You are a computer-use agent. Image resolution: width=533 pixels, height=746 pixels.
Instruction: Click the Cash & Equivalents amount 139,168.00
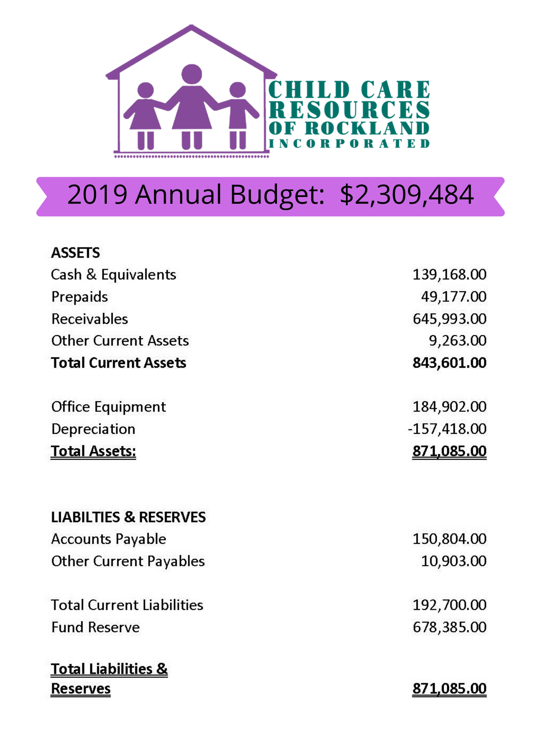click(449, 275)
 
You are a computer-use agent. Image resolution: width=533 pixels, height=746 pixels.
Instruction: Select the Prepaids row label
click(80, 297)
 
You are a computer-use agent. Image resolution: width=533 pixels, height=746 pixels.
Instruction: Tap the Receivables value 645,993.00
click(449, 319)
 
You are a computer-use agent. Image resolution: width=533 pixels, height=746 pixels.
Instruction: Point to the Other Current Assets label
click(120, 341)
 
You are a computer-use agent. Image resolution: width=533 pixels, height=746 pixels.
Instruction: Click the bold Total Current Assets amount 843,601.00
click(449, 363)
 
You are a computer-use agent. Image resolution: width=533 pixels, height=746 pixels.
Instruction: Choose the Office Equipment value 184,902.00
click(449, 407)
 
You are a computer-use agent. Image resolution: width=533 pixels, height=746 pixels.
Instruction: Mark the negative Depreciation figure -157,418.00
click(447, 429)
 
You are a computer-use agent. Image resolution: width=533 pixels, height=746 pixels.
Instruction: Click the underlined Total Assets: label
click(93, 451)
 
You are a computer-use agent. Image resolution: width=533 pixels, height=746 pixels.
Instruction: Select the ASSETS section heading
click(75, 253)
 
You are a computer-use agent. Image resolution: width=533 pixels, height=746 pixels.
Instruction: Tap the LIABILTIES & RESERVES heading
click(128, 517)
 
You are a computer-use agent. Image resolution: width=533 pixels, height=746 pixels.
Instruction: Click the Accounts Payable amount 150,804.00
click(449, 539)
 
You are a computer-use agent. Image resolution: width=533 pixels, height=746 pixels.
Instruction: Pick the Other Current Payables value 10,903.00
click(453, 561)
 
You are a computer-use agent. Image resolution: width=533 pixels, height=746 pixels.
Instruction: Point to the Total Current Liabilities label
click(127, 605)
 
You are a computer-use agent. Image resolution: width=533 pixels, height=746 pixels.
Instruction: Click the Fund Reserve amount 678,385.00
click(449, 627)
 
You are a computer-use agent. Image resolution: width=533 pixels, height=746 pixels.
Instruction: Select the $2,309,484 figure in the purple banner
click(406, 195)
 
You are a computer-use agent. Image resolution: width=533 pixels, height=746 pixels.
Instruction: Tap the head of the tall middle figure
click(191, 74)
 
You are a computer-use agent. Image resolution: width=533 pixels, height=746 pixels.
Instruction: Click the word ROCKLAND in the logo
click(367, 128)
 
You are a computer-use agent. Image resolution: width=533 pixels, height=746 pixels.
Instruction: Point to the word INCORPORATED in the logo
click(349, 144)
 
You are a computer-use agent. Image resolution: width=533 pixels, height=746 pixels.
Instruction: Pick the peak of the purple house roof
click(191, 27)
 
